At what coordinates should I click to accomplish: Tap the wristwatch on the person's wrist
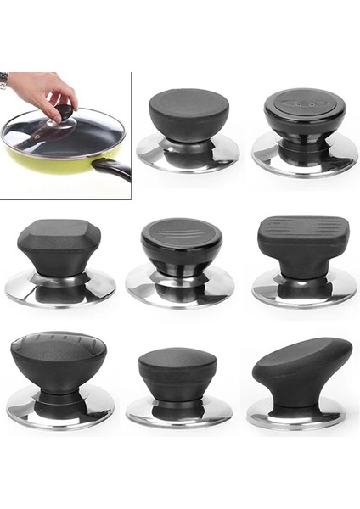point(4,81)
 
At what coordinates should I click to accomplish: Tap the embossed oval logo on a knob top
point(304,103)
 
